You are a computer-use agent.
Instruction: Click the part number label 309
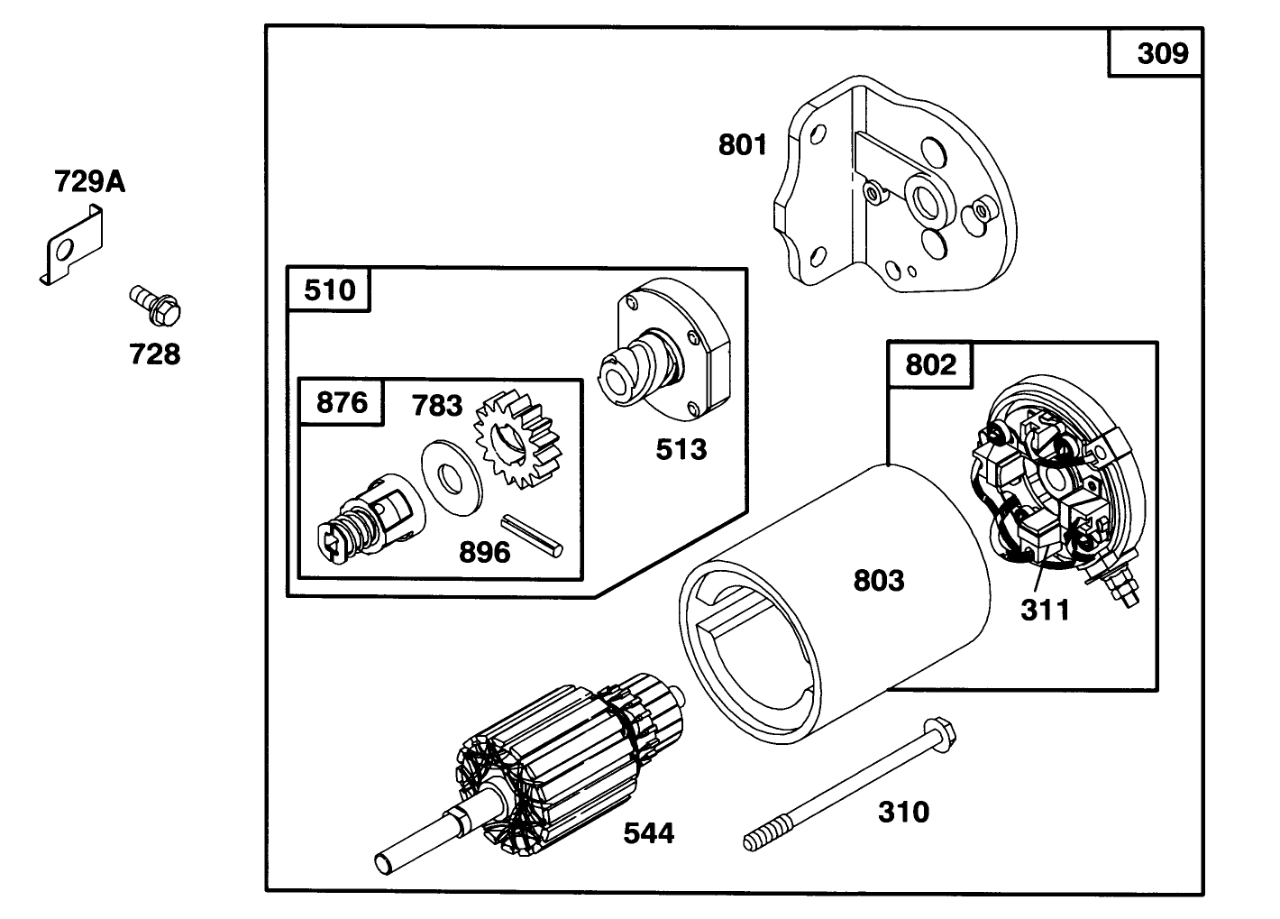(x=1162, y=54)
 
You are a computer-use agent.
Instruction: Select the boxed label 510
(x=329, y=290)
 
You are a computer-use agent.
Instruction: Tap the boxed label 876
(x=342, y=402)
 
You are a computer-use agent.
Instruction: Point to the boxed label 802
(x=930, y=364)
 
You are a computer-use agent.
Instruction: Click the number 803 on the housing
(x=878, y=580)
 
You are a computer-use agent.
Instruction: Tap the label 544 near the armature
(x=648, y=833)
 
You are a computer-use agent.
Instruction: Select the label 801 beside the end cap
(x=742, y=144)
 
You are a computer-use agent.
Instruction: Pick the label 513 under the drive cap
(x=681, y=448)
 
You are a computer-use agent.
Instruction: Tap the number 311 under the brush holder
(x=1045, y=611)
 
